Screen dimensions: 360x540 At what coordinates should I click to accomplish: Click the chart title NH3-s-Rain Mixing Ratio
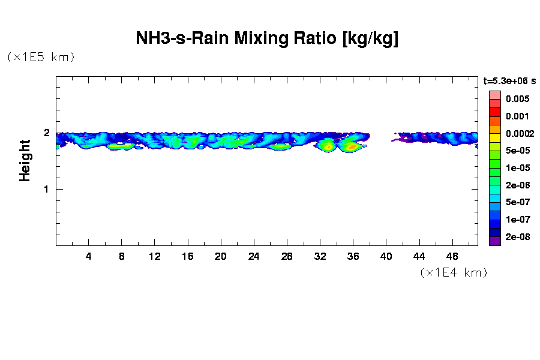pos(267,39)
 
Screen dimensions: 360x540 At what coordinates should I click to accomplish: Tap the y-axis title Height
pos(25,160)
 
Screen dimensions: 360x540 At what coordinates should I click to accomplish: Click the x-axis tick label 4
pos(89,256)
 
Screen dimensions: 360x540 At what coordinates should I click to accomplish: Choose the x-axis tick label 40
pos(386,256)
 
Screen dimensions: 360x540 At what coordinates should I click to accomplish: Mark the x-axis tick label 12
pos(155,256)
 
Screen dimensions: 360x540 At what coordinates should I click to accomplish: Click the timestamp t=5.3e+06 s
pos(509,80)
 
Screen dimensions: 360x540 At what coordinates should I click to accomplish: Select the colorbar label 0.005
pos(517,99)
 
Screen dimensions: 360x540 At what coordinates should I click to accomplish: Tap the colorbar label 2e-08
pos(517,237)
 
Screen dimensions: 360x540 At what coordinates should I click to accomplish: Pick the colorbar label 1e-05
pos(517,168)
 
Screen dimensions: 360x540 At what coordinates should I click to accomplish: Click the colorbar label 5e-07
pos(517,202)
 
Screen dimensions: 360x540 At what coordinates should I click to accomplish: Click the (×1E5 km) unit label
pos(41,57)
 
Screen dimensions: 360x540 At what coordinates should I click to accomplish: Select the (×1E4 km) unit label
pos(454,272)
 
